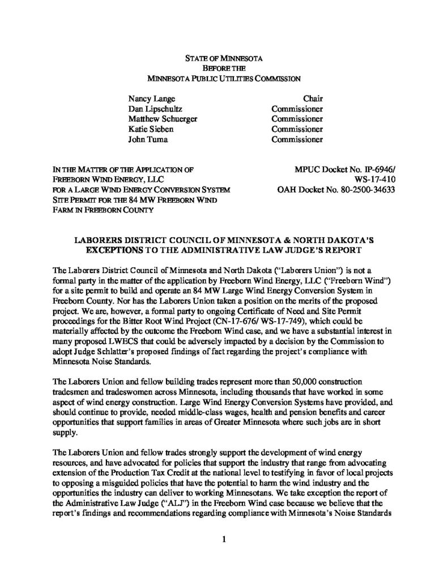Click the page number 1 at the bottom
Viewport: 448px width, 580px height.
[x=224, y=539]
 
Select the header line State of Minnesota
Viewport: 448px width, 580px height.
[x=224, y=58]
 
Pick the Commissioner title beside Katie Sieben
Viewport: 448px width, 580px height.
[x=297, y=129]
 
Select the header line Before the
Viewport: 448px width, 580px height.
[x=224, y=68]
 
